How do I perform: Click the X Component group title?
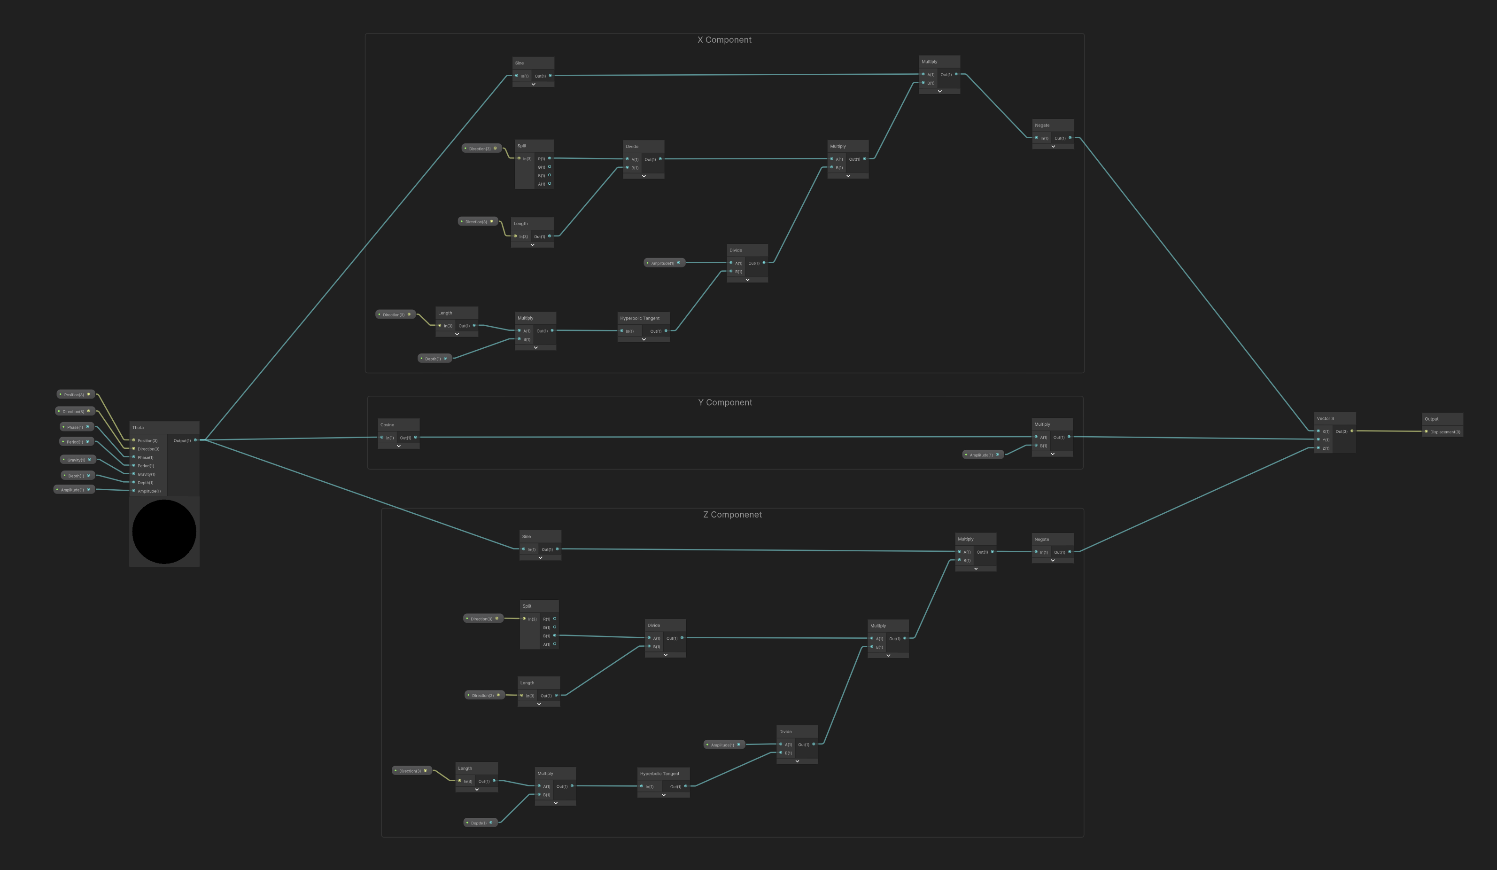click(724, 40)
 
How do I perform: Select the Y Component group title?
click(725, 402)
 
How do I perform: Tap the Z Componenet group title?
click(732, 515)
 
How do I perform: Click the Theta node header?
click(164, 427)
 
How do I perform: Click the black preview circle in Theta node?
click(164, 531)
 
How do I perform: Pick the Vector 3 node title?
click(1334, 418)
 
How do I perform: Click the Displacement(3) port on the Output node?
click(1427, 431)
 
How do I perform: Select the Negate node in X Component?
click(1053, 125)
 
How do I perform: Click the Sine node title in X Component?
click(533, 63)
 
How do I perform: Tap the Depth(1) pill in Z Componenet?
click(480, 823)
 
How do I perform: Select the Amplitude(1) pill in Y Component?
click(983, 455)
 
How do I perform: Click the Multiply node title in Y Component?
click(1051, 424)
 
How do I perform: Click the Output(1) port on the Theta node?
click(195, 440)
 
